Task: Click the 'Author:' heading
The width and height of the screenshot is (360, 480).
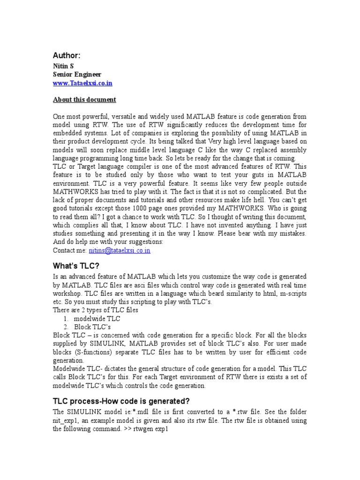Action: [67, 55]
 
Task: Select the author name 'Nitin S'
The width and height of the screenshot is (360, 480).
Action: [63, 66]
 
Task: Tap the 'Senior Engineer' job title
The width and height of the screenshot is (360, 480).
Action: [76, 75]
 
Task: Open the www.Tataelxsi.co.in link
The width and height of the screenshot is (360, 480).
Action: [82, 83]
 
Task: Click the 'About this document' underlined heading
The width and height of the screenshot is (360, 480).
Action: [84, 100]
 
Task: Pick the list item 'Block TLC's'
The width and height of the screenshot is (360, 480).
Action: [96, 326]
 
